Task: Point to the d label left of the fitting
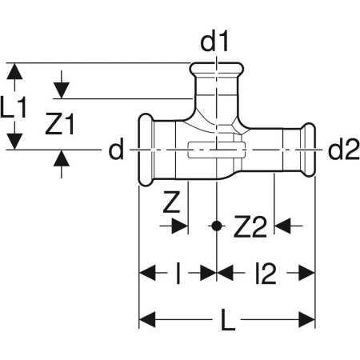[x=117, y=150]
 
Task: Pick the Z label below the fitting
[x=170, y=203]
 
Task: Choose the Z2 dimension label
[x=250, y=228]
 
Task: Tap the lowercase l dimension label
[x=178, y=274]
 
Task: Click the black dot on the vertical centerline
[x=216, y=226]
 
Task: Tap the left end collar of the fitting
[x=146, y=150]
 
